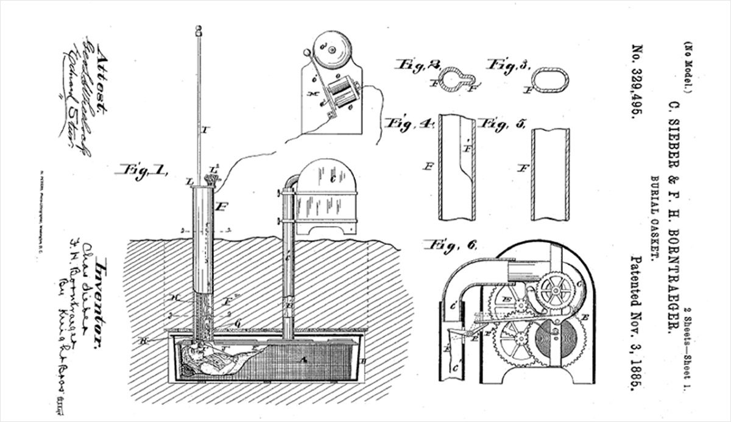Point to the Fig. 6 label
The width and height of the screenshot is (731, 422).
tap(448, 245)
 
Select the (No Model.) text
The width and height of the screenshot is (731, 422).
tap(686, 67)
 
